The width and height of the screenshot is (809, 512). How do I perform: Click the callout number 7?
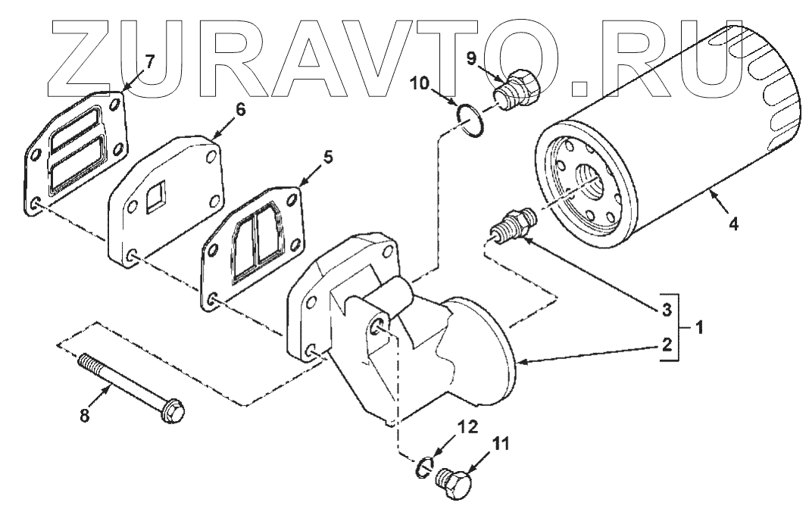(149, 62)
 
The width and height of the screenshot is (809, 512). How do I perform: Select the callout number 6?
(240, 109)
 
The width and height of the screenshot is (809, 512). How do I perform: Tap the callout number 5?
(328, 158)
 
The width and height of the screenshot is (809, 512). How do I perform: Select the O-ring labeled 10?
(470, 120)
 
